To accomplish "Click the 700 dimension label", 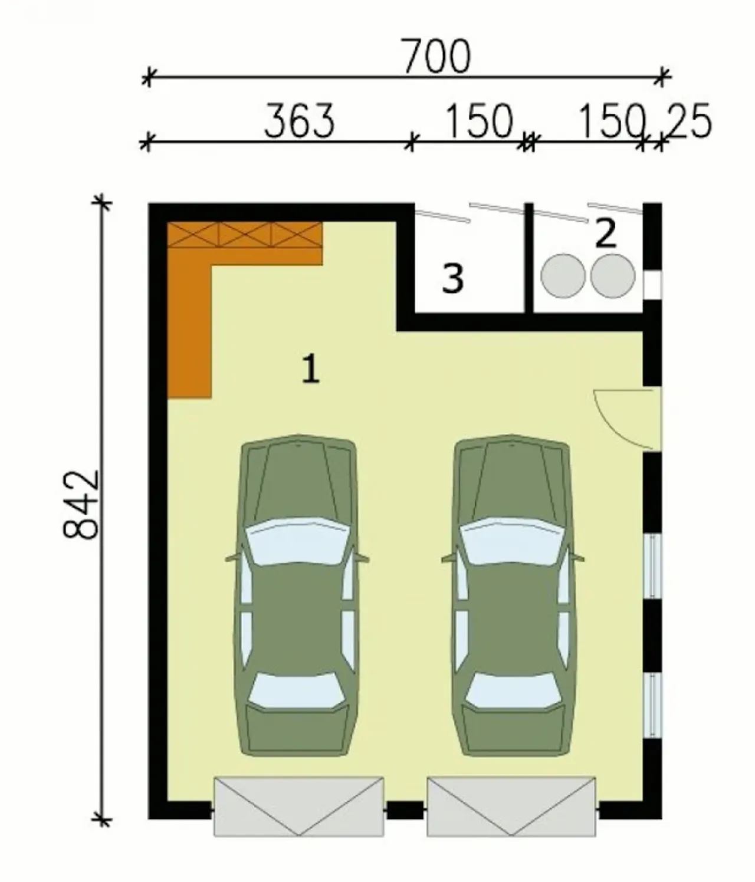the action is (x=436, y=57).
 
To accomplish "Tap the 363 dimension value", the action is (x=299, y=121).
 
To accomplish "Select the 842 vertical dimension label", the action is (x=81, y=505).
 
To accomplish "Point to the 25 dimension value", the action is (x=688, y=121).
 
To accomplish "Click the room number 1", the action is (x=310, y=370).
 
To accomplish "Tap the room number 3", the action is (x=452, y=279).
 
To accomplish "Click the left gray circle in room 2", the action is (x=563, y=276).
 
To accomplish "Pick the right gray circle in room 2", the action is (x=613, y=276).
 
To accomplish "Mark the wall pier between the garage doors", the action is (x=405, y=810).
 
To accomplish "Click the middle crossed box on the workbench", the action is (x=245, y=234).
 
